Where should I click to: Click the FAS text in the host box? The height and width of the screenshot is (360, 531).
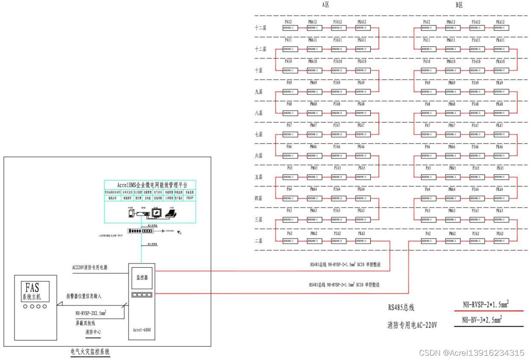32,288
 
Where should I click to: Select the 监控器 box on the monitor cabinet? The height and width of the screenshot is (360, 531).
141,277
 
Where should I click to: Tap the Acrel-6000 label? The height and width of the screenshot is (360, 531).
141,330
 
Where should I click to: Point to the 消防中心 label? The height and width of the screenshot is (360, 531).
93,332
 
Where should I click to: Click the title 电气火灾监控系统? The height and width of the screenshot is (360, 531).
90,352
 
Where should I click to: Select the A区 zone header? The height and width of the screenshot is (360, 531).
326,5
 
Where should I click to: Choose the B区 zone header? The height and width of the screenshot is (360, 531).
459,5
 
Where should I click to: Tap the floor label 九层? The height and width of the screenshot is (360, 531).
259,92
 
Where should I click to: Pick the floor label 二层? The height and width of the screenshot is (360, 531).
259,241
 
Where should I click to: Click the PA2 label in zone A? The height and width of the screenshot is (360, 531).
289,234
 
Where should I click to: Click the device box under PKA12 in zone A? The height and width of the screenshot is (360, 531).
362,28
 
